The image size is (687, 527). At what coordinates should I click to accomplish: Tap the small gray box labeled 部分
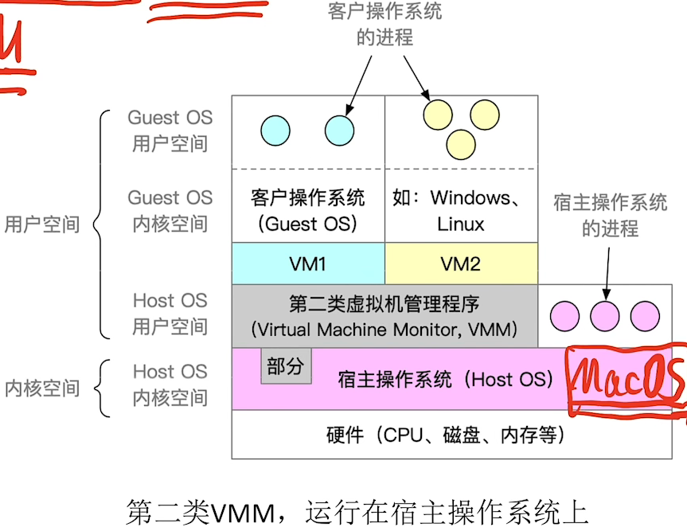coord(286,366)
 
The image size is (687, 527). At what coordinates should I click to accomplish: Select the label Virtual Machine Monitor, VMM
coord(384,329)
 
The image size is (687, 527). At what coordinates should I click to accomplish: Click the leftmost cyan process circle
coord(275,129)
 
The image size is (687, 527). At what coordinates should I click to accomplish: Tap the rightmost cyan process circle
coord(340,129)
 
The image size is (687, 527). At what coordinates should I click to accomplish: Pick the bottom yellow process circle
coord(461,144)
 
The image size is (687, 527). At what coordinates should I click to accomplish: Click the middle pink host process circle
coord(605,316)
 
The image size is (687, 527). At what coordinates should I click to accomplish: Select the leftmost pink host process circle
coord(565,316)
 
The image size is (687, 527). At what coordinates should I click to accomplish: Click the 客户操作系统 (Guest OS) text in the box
coord(308,210)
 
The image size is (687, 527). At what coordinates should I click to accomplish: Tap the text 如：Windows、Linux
coord(461,210)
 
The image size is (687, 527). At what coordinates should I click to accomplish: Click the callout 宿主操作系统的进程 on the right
coord(611,216)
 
